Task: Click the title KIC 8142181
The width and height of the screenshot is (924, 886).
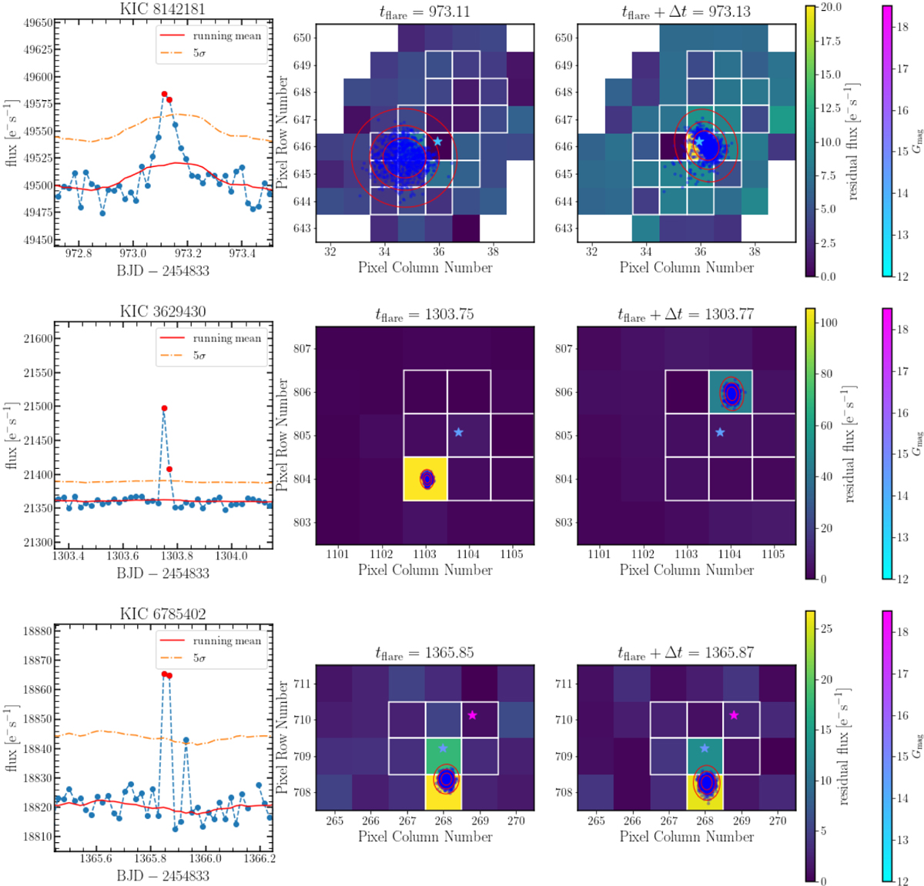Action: pyautogui.click(x=162, y=9)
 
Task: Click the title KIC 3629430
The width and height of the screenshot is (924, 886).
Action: pyautogui.click(x=162, y=312)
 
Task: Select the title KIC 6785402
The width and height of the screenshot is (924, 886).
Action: pyautogui.click(x=162, y=614)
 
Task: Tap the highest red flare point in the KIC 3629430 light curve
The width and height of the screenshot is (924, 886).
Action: pyautogui.click(x=164, y=408)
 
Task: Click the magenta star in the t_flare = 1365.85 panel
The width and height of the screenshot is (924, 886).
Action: pyautogui.click(x=473, y=715)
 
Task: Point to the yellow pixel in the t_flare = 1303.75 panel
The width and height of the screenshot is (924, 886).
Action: pyautogui.click(x=425, y=479)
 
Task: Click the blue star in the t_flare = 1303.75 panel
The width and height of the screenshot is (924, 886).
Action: pyautogui.click(x=459, y=433)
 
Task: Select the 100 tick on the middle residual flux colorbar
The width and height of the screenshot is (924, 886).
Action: pyautogui.click(x=829, y=323)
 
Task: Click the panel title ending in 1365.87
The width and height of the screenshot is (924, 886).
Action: pyautogui.click(x=686, y=653)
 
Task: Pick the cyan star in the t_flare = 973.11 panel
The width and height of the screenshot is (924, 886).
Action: pyautogui.click(x=438, y=142)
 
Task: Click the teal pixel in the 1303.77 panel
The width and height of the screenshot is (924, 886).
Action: pyautogui.click(x=730, y=392)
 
